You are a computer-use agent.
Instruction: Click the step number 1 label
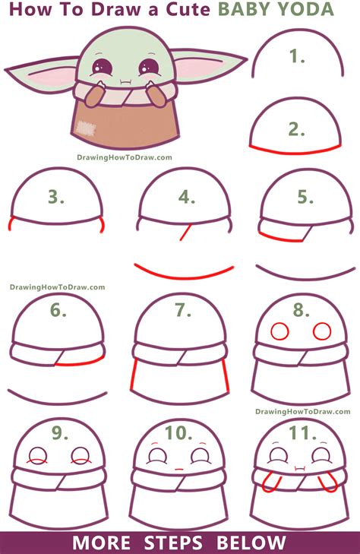(x=298, y=55)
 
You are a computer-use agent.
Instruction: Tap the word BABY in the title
(x=248, y=10)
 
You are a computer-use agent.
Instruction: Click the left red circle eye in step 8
(x=279, y=331)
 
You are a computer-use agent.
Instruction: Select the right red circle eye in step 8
(x=322, y=331)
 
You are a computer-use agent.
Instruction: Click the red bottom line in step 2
(x=296, y=147)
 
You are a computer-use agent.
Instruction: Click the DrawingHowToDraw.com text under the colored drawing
(x=124, y=158)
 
